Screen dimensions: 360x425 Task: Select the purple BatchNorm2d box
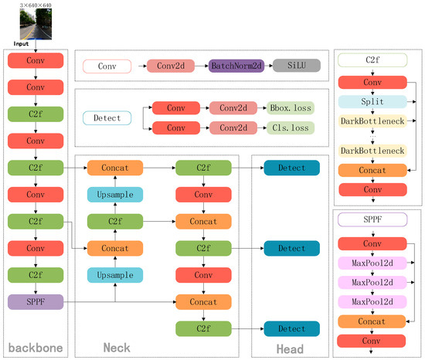pyautogui.click(x=235, y=67)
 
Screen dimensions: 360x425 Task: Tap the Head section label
pyautogui.click(x=290, y=348)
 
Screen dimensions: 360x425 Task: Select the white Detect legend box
pyautogui.click(x=107, y=117)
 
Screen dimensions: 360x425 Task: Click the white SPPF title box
pyautogui.click(x=372, y=220)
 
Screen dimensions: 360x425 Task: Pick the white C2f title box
pyautogui.click(x=372, y=59)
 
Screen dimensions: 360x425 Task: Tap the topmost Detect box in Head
pyautogui.click(x=291, y=168)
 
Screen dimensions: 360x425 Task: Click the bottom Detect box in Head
pyautogui.click(x=291, y=328)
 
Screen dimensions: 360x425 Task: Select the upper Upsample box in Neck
pyautogui.click(x=114, y=195)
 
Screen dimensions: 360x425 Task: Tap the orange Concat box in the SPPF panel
pyautogui.click(x=372, y=319)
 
